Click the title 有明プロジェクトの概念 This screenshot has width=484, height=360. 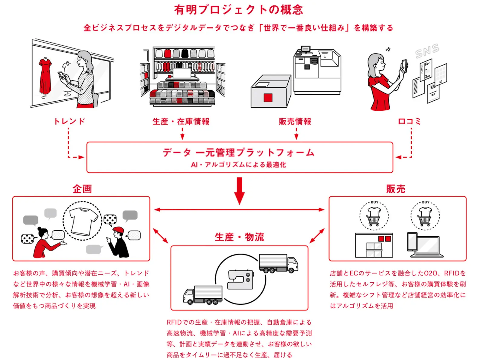238,10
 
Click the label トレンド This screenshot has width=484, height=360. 69,121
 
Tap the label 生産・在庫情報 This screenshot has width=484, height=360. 181,121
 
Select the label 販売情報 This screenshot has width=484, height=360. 295,121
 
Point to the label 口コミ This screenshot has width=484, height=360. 409,121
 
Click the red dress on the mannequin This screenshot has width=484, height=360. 45,76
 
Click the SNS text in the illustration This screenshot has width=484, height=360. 427,50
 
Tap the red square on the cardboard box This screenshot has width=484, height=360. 268,98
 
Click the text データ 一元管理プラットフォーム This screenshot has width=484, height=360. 238,152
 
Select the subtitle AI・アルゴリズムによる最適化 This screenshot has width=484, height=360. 238,165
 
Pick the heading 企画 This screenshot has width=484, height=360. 82,189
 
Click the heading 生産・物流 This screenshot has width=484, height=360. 239,237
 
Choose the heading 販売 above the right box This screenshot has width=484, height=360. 395,189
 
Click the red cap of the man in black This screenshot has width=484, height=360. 119,230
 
